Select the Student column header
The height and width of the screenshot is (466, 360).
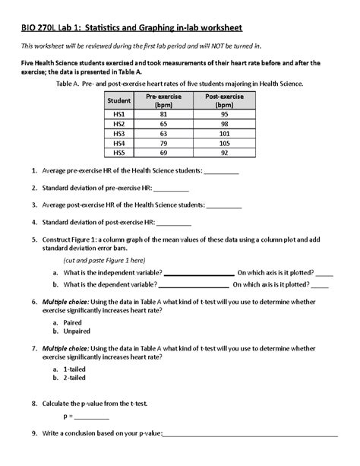pyautogui.click(x=118, y=100)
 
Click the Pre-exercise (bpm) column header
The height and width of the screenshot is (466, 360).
pyautogui.click(x=161, y=100)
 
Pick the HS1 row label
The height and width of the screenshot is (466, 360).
pyautogui.click(x=118, y=113)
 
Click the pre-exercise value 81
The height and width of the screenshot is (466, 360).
pyautogui.click(x=161, y=113)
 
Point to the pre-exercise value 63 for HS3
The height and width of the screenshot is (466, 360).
pyautogui.click(x=161, y=132)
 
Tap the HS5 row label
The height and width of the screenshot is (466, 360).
pyautogui.click(x=118, y=152)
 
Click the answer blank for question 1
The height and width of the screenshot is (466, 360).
pyautogui.click(x=221, y=173)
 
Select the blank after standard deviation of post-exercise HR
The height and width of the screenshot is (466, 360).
pyautogui.click(x=174, y=223)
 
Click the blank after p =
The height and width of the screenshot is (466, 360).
pyautogui.click(x=92, y=418)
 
